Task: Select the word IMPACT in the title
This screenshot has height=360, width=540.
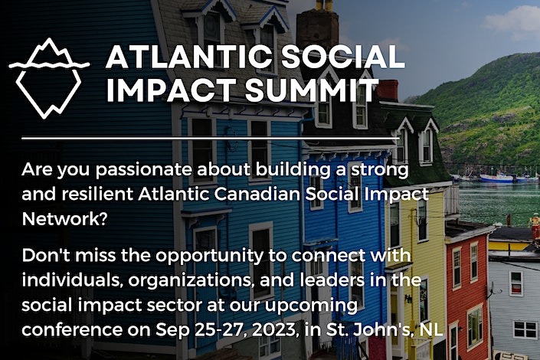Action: pyautogui.click(x=162, y=90)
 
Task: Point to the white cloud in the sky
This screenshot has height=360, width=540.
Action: pyautogui.click(x=513, y=19)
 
